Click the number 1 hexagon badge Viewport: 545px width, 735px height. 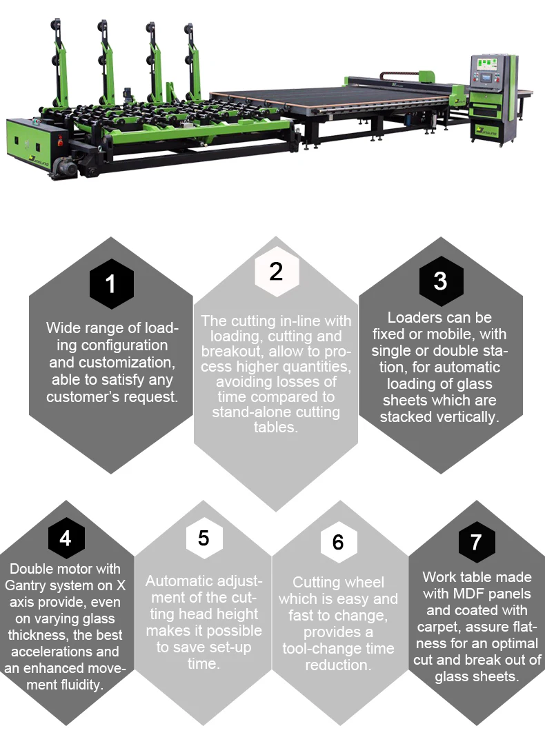point(111,283)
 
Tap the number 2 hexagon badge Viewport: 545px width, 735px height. point(277,272)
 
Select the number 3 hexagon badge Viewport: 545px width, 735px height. point(441,281)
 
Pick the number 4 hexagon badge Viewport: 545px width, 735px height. point(66,538)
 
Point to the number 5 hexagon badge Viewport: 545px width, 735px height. point(204,538)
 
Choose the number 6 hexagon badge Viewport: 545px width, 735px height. point(339,542)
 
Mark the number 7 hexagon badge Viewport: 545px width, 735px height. point(477,542)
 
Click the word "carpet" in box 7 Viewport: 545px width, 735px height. point(439,627)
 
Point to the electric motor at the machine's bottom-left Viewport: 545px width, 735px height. point(66,166)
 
